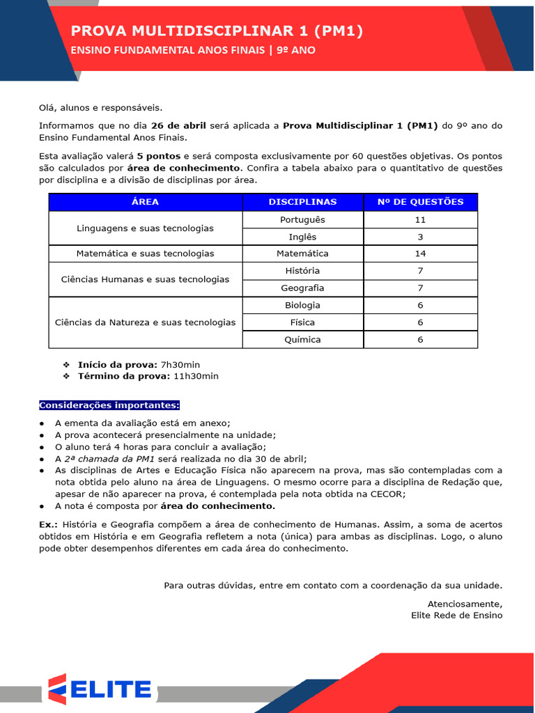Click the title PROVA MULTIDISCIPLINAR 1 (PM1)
pyautogui.click(x=217, y=31)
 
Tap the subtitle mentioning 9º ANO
pyautogui.click(x=193, y=50)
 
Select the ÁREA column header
pyautogui.click(x=145, y=202)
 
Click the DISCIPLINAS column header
pyautogui.click(x=302, y=202)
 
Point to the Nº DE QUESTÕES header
pyautogui.click(x=420, y=202)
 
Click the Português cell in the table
pyautogui.click(x=302, y=220)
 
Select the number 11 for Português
pyautogui.click(x=420, y=220)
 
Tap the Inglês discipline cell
pyautogui.click(x=302, y=237)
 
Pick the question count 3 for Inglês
pyautogui.click(x=420, y=237)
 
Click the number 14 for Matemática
pyautogui.click(x=420, y=253)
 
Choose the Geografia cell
pyautogui.click(x=302, y=288)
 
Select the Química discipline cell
pyautogui.click(x=302, y=340)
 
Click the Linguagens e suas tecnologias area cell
pyautogui.click(x=145, y=228)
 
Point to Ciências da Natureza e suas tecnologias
pyautogui.click(x=145, y=322)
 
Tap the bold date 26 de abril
pyautogui.click(x=178, y=126)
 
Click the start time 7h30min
pyautogui.click(x=180, y=364)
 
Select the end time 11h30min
pyautogui.click(x=196, y=376)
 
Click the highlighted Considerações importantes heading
pyautogui.click(x=109, y=405)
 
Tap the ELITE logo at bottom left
pyautogui.click(x=101, y=689)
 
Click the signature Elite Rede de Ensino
pyautogui.click(x=456, y=616)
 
